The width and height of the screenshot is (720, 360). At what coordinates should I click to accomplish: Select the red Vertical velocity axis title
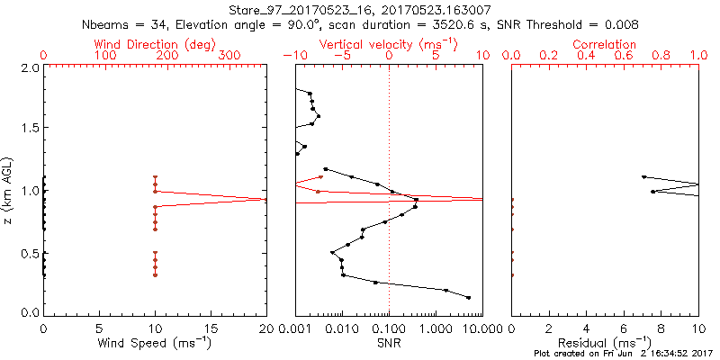tap(389, 43)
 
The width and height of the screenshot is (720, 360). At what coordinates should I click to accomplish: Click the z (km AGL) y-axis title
tap(8, 190)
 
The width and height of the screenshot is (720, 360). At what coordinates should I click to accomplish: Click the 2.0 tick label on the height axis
tap(29, 68)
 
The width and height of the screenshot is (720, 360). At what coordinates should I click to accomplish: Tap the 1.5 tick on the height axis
tap(29, 129)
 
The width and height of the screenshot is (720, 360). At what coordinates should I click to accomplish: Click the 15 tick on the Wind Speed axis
tap(211, 328)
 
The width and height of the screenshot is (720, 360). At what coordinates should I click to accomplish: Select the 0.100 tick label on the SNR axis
tap(389, 328)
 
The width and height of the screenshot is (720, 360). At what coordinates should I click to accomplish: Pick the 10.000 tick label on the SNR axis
tap(479, 328)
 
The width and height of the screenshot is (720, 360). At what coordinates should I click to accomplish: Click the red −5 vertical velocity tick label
tap(339, 56)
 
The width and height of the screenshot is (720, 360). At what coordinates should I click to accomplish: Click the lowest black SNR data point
tap(469, 298)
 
